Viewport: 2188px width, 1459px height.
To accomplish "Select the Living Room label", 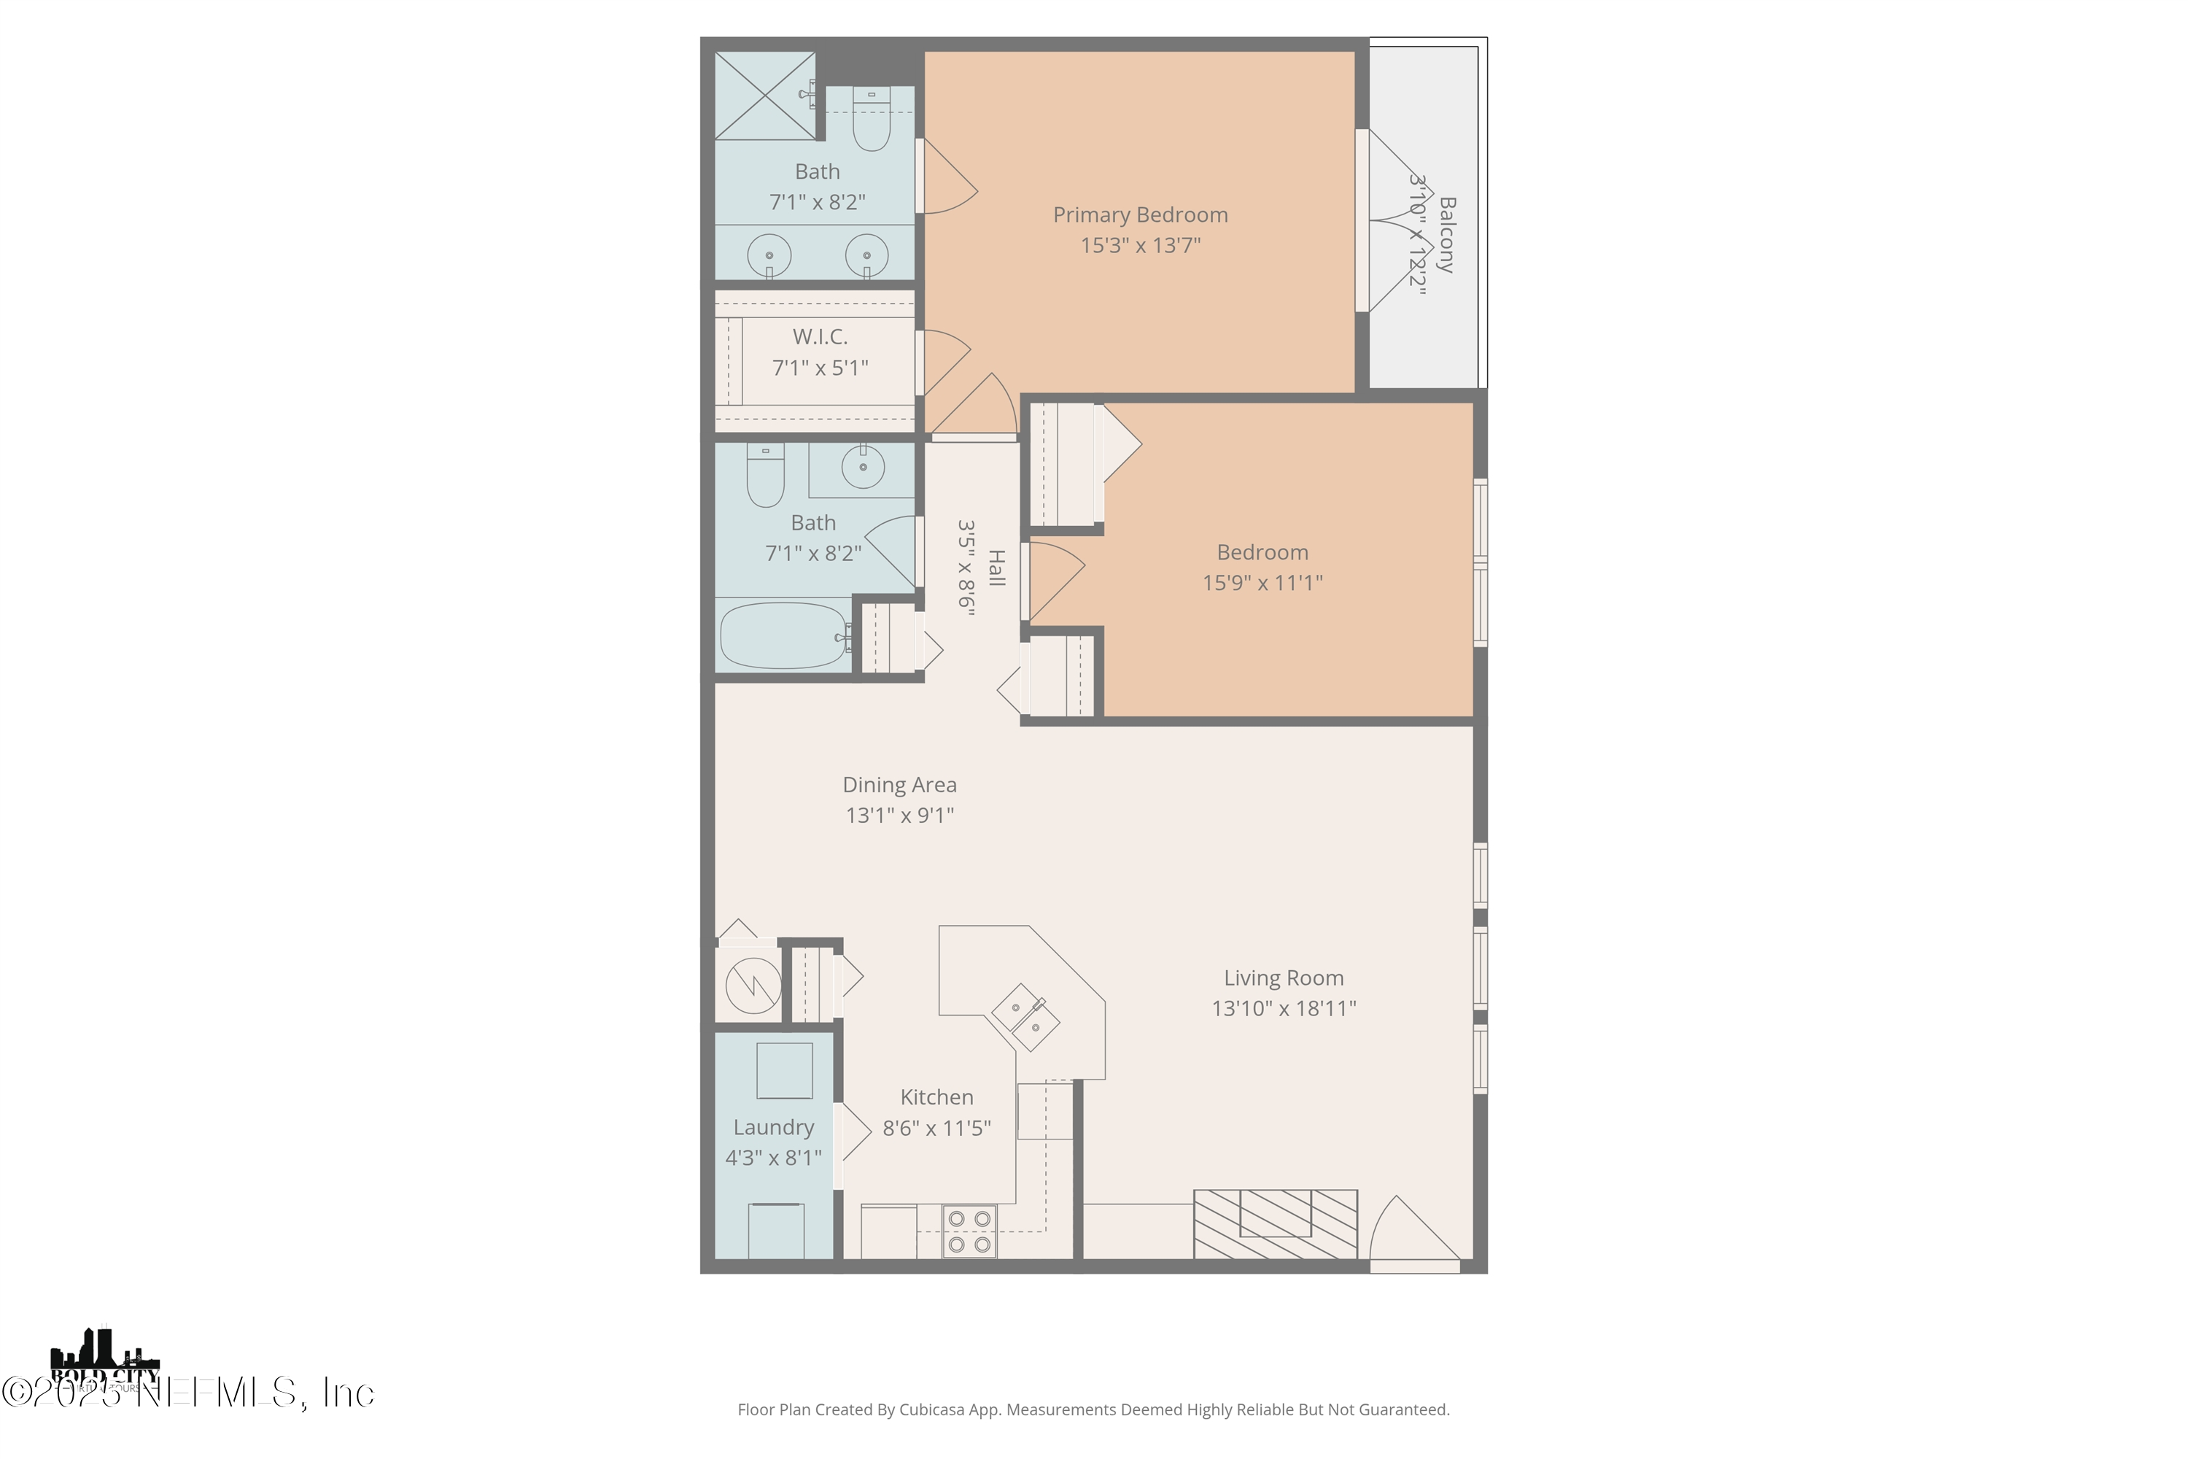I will click(x=1283, y=978).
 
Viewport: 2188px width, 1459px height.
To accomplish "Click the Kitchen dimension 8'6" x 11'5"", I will click(x=936, y=1129).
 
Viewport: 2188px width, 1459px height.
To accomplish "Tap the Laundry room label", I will click(x=773, y=1128).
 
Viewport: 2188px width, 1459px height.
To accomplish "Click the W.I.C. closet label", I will click(x=820, y=337).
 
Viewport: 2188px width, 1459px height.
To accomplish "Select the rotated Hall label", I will click(x=996, y=568).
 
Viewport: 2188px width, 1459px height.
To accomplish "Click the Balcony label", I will click(x=1446, y=234).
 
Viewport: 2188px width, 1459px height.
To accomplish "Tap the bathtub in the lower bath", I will click(x=783, y=635).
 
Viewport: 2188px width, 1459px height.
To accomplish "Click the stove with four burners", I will click(x=969, y=1231).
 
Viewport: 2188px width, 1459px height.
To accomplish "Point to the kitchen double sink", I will click(x=1024, y=1017).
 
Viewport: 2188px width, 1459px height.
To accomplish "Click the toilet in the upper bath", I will click(x=872, y=121).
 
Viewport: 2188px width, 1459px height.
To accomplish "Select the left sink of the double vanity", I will click(x=769, y=255).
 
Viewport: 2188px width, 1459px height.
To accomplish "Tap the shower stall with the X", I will click(x=764, y=96).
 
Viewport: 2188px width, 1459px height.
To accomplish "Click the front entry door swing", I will click(x=1412, y=1233).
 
